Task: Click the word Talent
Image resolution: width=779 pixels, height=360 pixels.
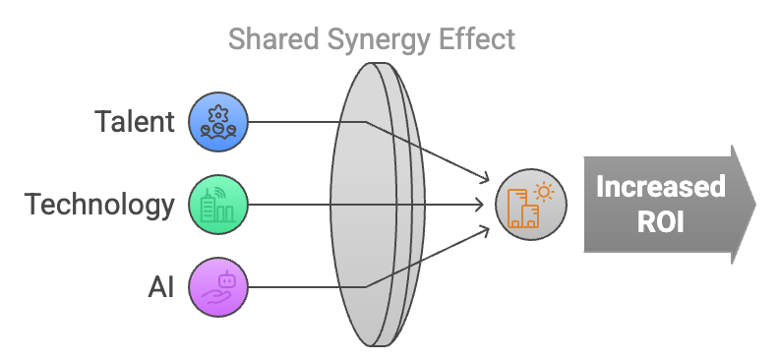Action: pyautogui.click(x=135, y=122)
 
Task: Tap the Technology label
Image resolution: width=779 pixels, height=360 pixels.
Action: pyautogui.click(x=99, y=205)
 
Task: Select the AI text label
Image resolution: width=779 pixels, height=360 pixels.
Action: pyautogui.click(x=160, y=287)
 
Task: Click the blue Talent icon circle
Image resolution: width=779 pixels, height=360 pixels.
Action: pyautogui.click(x=217, y=122)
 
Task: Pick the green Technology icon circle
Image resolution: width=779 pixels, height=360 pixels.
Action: pyautogui.click(x=217, y=206)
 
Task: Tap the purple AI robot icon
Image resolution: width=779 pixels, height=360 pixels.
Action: pyautogui.click(x=217, y=287)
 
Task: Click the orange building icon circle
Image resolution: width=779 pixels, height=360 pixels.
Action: pyautogui.click(x=531, y=206)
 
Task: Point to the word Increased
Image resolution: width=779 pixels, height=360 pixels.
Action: pyautogui.click(x=660, y=187)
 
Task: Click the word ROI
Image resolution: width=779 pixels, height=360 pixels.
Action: pyautogui.click(x=660, y=222)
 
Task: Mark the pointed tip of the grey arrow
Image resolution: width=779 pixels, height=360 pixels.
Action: pyautogui.click(x=755, y=205)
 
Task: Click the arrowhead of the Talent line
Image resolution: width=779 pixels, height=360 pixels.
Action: pyautogui.click(x=486, y=180)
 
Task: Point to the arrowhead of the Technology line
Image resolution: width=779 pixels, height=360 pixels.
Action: pyautogui.click(x=488, y=206)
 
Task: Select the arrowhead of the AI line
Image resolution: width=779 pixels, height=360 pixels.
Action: pyautogui.click(x=486, y=230)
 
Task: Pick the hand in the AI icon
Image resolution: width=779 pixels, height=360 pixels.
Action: pyautogui.click(x=214, y=295)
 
